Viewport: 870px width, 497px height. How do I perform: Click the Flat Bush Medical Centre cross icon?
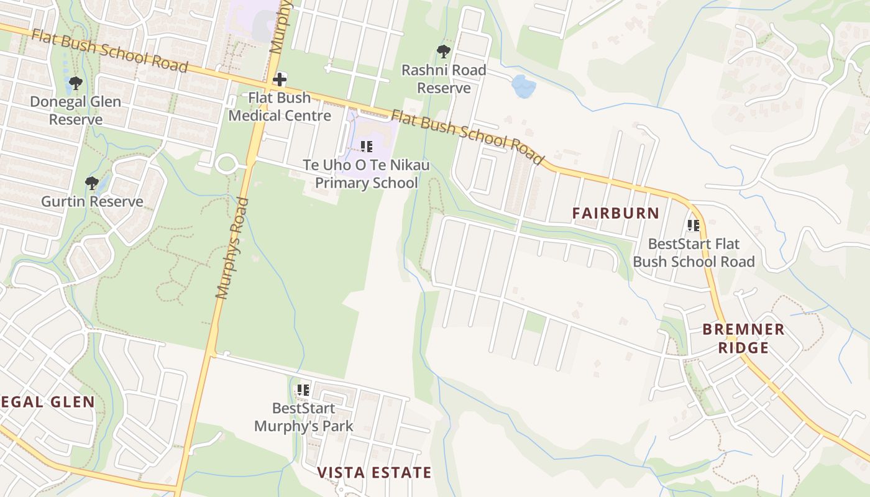click(x=280, y=79)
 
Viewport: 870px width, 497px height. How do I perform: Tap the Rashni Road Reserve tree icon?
click(x=443, y=52)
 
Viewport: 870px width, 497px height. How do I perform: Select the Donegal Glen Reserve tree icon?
click(x=76, y=83)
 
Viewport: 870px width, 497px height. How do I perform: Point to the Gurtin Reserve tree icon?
click(x=92, y=183)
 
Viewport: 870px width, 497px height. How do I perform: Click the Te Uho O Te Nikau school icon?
click(x=367, y=147)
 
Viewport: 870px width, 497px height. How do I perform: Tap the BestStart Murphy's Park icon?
click(x=303, y=390)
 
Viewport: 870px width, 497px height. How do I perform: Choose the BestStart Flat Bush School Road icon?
click(x=694, y=225)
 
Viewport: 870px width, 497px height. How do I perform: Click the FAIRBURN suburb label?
click(x=616, y=213)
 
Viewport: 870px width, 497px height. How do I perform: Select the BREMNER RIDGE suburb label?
click(x=743, y=338)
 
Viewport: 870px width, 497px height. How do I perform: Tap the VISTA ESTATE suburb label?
click(x=374, y=473)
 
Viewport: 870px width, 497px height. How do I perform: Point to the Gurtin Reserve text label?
click(x=92, y=201)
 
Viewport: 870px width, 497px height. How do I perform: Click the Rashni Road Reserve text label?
click(x=444, y=79)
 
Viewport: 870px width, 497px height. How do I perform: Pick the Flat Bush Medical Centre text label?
click(x=280, y=106)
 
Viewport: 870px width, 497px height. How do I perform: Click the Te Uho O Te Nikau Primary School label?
click(x=367, y=174)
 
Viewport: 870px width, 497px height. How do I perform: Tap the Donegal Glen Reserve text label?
click(x=76, y=110)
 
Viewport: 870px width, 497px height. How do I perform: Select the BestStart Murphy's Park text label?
click(x=304, y=417)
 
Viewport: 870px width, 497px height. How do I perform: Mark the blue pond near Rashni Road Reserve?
click(x=523, y=86)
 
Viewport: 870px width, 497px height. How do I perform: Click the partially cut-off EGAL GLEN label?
click(x=48, y=402)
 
